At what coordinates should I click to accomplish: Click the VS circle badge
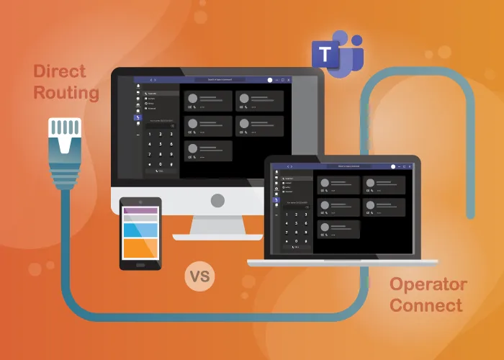(200, 276)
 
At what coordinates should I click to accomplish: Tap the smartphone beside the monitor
(140, 233)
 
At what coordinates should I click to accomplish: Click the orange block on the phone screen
(140, 248)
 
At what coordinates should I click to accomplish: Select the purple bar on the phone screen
(140, 210)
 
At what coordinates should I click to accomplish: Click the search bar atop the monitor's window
(216, 79)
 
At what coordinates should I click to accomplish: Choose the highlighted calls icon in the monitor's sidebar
(138, 117)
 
